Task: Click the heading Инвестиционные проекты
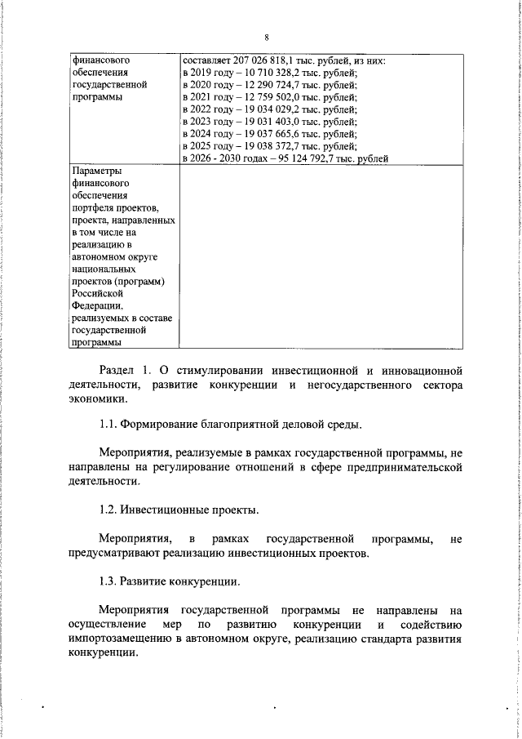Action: coord(189,510)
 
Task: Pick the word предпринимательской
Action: coord(403,468)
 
